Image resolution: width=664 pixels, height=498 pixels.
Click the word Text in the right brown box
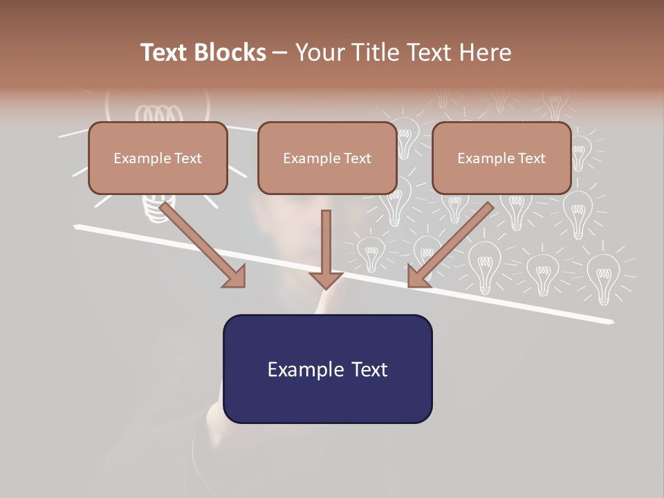(531, 158)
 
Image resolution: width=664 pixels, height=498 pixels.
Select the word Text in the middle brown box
(356, 158)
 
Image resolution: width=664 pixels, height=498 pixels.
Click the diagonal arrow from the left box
(201, 242)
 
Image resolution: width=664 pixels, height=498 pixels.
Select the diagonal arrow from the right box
(453, 242)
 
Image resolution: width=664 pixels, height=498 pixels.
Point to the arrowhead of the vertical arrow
(326, 280)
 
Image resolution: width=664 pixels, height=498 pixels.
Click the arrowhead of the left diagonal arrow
(235, 277)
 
